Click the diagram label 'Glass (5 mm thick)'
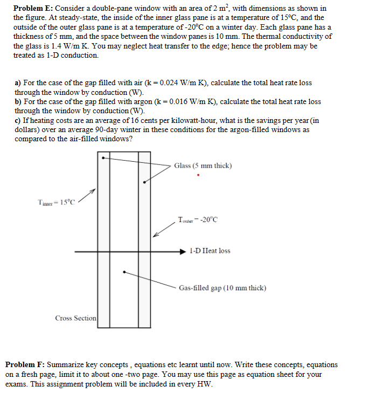[203, 165]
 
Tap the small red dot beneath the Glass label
[199, 175]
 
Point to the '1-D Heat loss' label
[210, 251]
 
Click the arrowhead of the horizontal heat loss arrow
[184, 251]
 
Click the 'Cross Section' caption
[75, 318]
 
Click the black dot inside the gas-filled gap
[124, 271]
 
